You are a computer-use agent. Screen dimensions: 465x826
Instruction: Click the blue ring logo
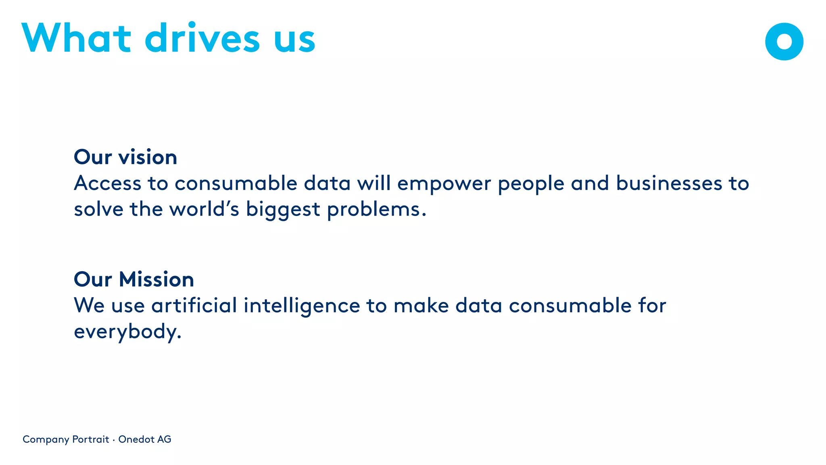[x=784, y=42]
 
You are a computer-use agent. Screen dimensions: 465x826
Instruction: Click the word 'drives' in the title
[x=202, y=38]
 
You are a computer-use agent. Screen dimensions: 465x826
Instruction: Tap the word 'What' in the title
[x=77, y=38]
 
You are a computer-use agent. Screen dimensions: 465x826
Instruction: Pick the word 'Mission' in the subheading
[x=156, y=279]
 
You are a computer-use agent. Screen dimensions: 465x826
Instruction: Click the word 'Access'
[x=108, y=183]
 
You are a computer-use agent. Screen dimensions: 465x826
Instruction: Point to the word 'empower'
[x=444, y=184]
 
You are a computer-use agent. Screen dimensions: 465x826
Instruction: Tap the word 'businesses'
[x=669, y=183]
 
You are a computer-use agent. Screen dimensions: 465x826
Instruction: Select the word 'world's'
[x=204, y=209]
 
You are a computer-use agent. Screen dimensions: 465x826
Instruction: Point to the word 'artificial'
[x=194, y=305]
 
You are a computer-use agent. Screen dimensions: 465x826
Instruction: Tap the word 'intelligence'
[x=302, y=306]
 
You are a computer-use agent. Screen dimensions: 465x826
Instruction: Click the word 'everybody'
[x=127, y=332]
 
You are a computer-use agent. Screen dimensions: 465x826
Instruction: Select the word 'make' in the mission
[x=421, y=305]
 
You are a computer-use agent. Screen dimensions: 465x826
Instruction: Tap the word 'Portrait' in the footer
[x=91, y=439]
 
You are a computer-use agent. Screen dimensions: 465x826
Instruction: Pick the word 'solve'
[x=98, y=209]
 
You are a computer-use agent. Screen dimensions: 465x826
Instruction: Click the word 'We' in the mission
[x=89, y=305]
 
